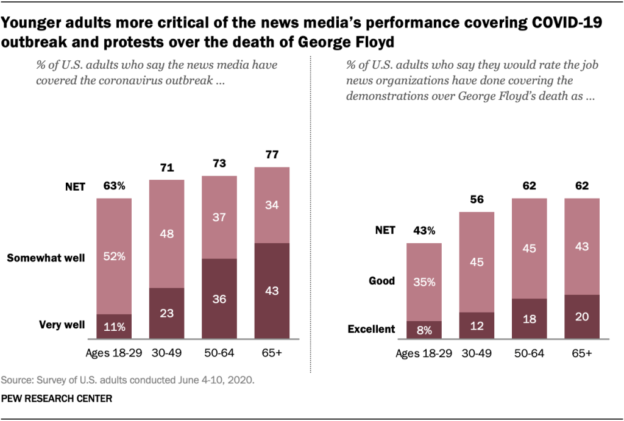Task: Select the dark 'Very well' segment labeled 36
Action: coord(219,300)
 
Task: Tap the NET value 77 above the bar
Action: coord(272,155)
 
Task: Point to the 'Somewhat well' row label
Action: coord(46,258)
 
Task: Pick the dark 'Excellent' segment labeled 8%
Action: coord(424,330)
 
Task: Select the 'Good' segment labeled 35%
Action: coord(424,281)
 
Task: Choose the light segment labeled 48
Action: coord(166,233)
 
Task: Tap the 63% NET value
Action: coord(114,186)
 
